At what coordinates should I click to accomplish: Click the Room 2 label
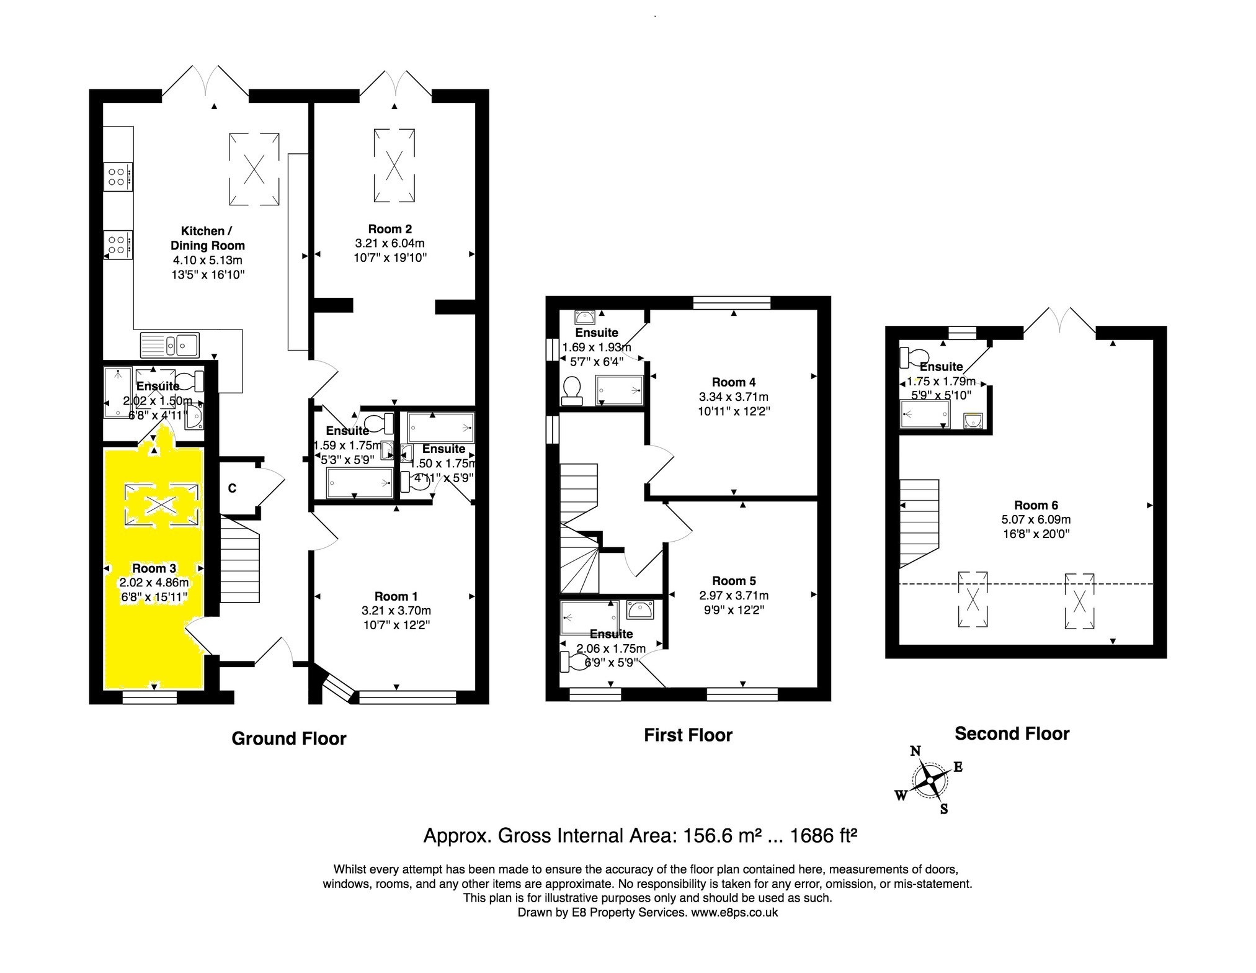click(x=390, y=229)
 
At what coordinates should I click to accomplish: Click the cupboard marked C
click(x=232, y=489)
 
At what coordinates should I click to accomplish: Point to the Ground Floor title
click(x=288, y=738)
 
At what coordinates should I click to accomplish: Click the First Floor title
click(x=688, y=735)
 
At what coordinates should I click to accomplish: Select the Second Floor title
click(x=1012, y=733)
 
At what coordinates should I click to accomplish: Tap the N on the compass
click(x=915, y=751)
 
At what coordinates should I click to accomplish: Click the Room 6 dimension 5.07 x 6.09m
click(x=1036, y=519)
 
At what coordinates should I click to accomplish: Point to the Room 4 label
click(x=733, y=382)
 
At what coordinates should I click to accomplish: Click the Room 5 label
click(x=734, y=581)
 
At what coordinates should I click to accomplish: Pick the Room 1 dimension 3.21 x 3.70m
click(x=396, y=611)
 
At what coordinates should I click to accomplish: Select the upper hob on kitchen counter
click(x=118, y=174)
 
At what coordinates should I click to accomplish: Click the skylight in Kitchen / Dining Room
click(x=254, y=168)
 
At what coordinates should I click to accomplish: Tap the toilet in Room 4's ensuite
click(x=570, y=391)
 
